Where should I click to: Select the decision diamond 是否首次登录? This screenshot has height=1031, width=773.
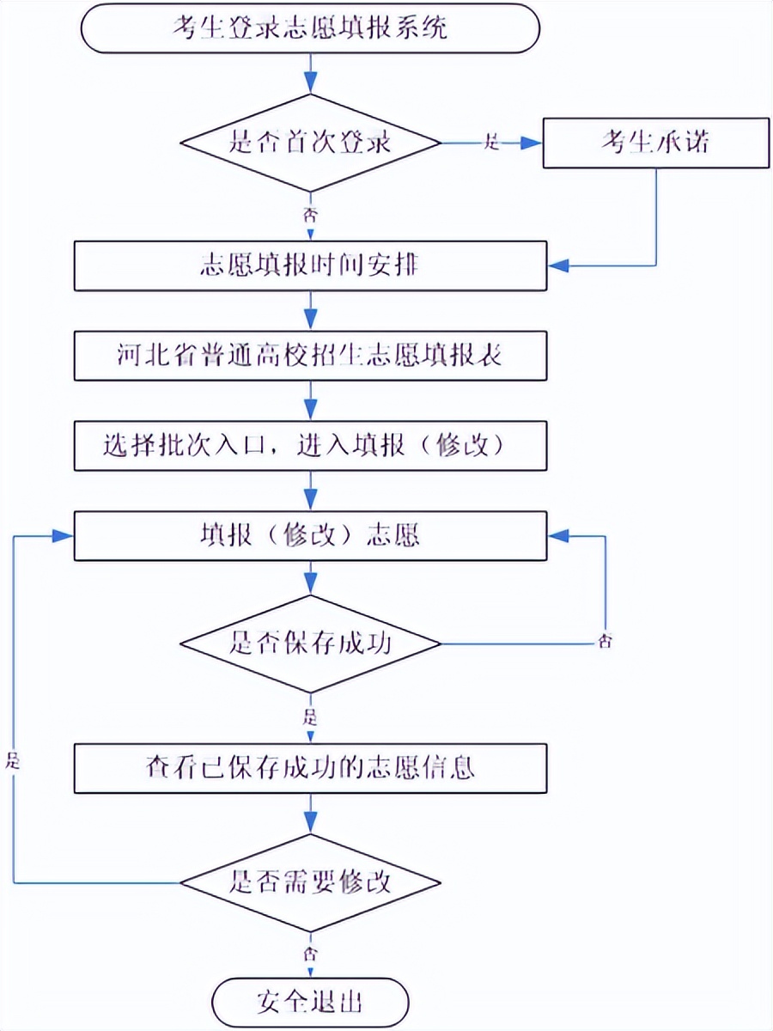[310, 142]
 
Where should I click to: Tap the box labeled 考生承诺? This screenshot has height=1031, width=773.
[654, 142]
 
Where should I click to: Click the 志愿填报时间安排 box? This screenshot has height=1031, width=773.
[310, 265]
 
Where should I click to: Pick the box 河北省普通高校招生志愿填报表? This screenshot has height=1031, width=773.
[310, 356]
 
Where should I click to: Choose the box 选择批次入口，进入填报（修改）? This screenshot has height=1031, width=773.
[310, 446]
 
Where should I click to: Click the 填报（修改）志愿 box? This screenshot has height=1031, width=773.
[310, 535]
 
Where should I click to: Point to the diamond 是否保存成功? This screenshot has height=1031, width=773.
[310, 644]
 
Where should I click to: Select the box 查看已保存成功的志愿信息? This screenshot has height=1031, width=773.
[310, 768]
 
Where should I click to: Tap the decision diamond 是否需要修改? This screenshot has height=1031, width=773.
[310, 882]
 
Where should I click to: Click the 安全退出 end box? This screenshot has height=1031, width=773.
[310, 1003]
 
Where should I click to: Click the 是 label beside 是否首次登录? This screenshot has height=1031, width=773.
[492, 143]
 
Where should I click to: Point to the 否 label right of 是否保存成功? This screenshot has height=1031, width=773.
[606, 642]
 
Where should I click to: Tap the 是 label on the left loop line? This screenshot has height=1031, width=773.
[13, 759]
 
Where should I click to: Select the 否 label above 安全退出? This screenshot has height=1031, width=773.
[310, 955]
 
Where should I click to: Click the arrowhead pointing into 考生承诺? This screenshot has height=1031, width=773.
[533, 143]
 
